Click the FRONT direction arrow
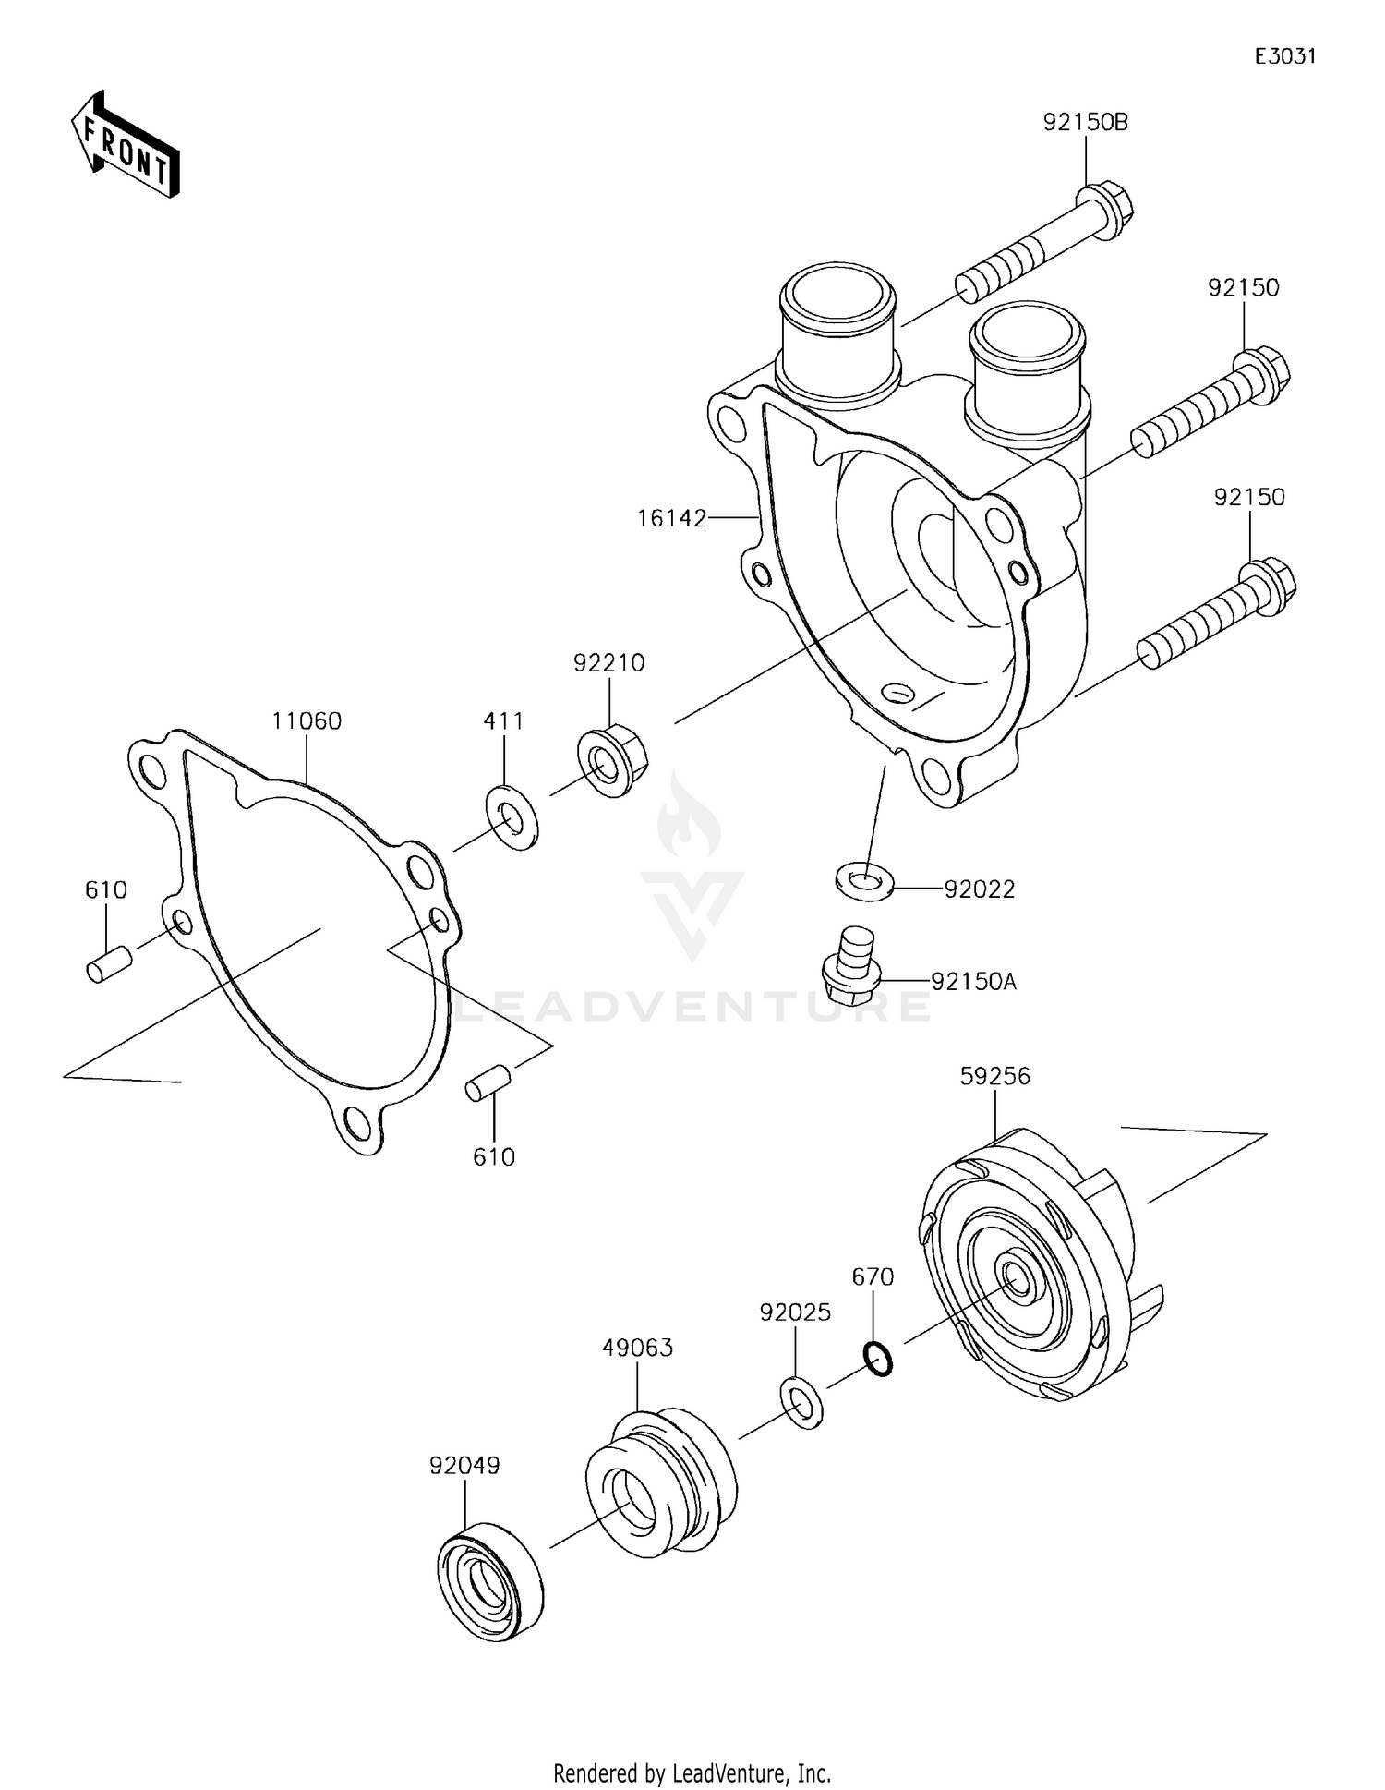[x=125, y=146]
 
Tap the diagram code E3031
[x=1284, y=56]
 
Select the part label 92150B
[x=1086, y=122]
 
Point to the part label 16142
[x=671, y=518]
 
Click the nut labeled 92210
[x=611, y=763]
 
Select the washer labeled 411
[x=512, y=817]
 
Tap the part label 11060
[x=307, y=720]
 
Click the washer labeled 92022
[x=863, y=881]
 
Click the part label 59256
[x=994, y=1076]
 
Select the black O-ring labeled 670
[x=878, y=1360]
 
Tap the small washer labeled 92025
[x=801, y=1403]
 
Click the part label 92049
[x=464, y=1466]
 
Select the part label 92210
[x=608, y=662]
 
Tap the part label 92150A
[x=973, y=982]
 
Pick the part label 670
[x=873, y=1277]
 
